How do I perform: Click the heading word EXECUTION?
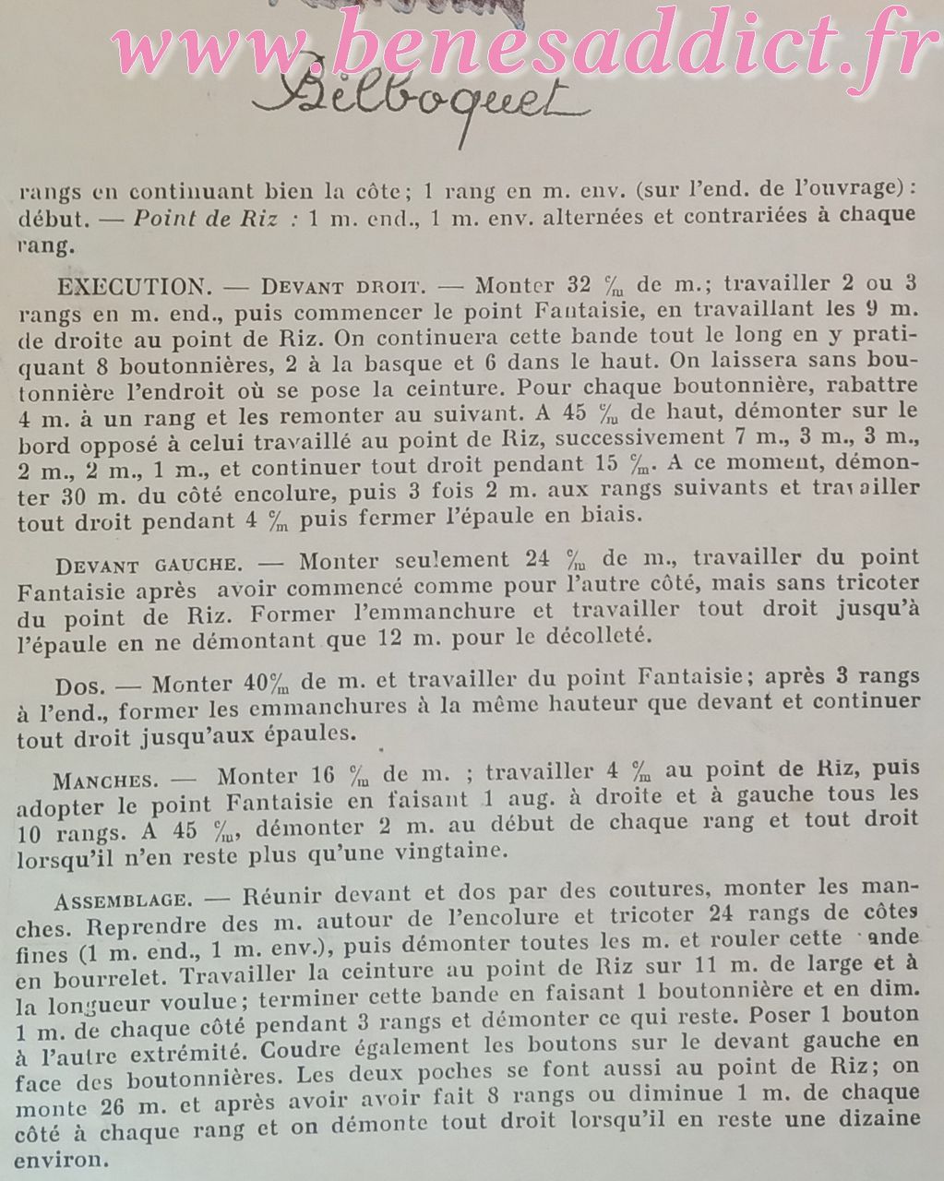point(129,285)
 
